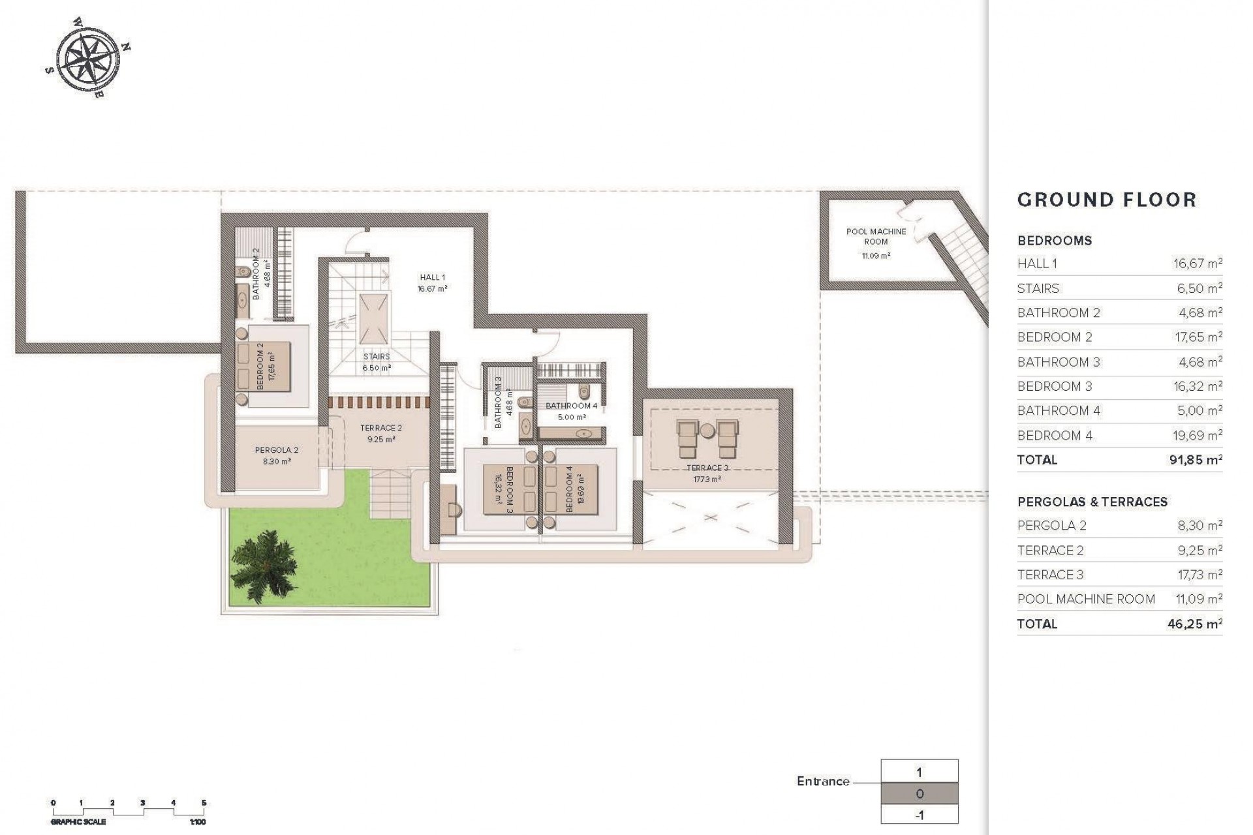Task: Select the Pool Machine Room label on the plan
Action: (876, 237)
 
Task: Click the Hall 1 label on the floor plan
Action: (432, 278)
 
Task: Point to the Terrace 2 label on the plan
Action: (381, 429)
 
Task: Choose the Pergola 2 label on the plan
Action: (276, 450)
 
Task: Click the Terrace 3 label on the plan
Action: (707, 468)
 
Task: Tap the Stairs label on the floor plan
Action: (377, 357)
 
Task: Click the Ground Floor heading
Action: (1107, 200)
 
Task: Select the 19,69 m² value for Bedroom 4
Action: (1198, 435)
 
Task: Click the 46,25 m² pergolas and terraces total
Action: (1194, 624)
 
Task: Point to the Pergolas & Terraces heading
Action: (1092, 502)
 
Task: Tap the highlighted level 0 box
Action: (919, 794)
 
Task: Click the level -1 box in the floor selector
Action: (919, 815)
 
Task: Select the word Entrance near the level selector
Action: (823, 781)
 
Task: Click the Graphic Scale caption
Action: (78, 822)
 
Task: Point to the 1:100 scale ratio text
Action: (197, 822)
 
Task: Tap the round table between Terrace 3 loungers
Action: (708, 430)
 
